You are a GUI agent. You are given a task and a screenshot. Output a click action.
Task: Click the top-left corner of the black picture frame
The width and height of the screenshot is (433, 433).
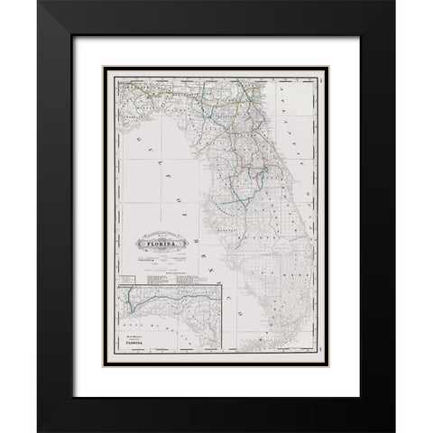(38, 2)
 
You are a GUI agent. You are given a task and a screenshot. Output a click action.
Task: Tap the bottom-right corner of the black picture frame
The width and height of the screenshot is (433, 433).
(394, 430)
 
